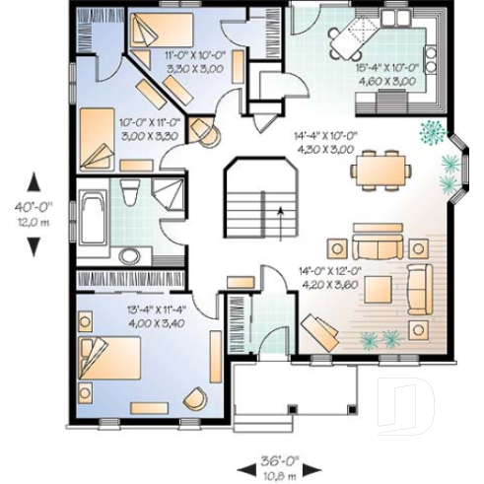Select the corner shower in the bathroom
click(169, 193)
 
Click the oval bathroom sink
click(129, 255)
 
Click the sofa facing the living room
click(379, 244)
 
